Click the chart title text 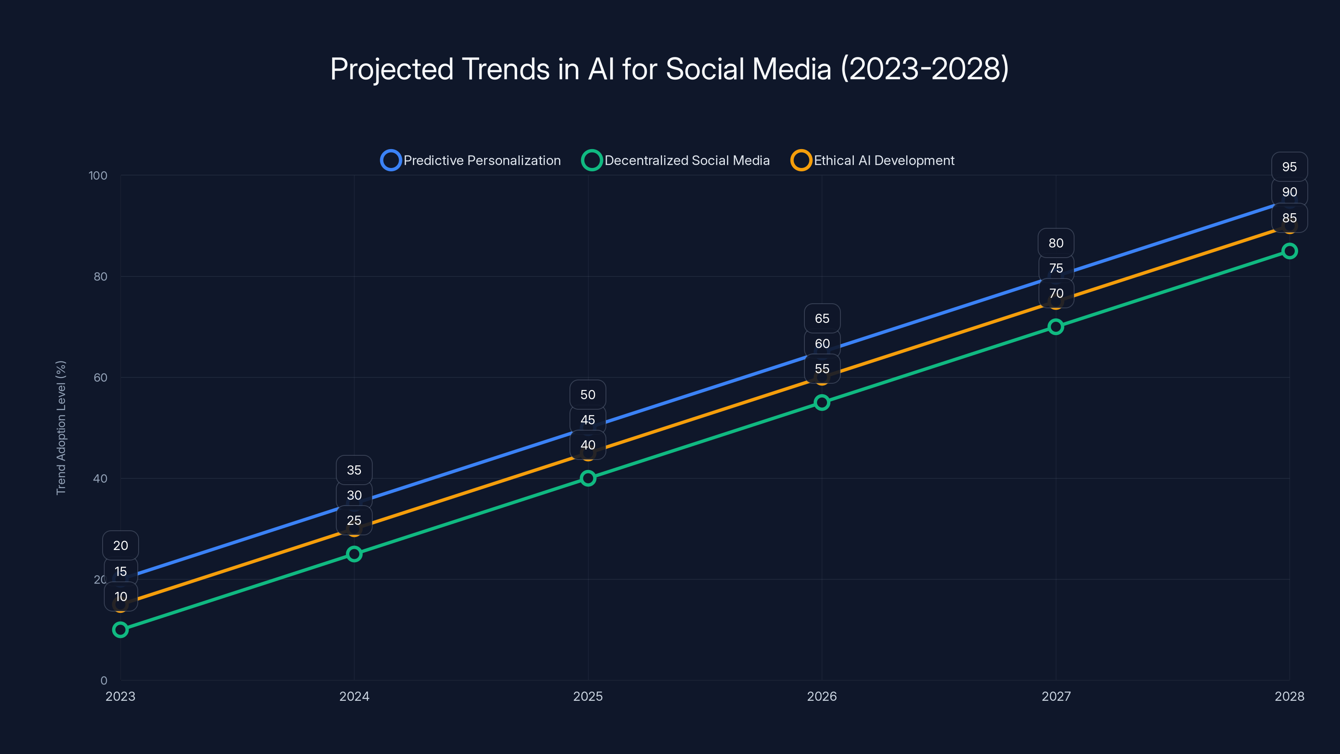click(x=670, y=69)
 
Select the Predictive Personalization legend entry click(x=471, y=160)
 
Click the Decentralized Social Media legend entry click(x=676, y=160)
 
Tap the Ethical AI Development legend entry click(x=872, y=160)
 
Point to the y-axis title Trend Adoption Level click(x=61, y=427)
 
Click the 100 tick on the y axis click(x=98, y=176)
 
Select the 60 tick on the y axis click(x=100, y=377)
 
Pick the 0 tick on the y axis click(x=103, y=680)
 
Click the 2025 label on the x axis click(x=588, y=696)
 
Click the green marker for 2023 click(x=120, y=630)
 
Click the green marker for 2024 click(x=354, y=554)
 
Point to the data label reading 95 click(x=1289, y=167)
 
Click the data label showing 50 click(x=588, y=395)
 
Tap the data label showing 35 click(x=354, y=470)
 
